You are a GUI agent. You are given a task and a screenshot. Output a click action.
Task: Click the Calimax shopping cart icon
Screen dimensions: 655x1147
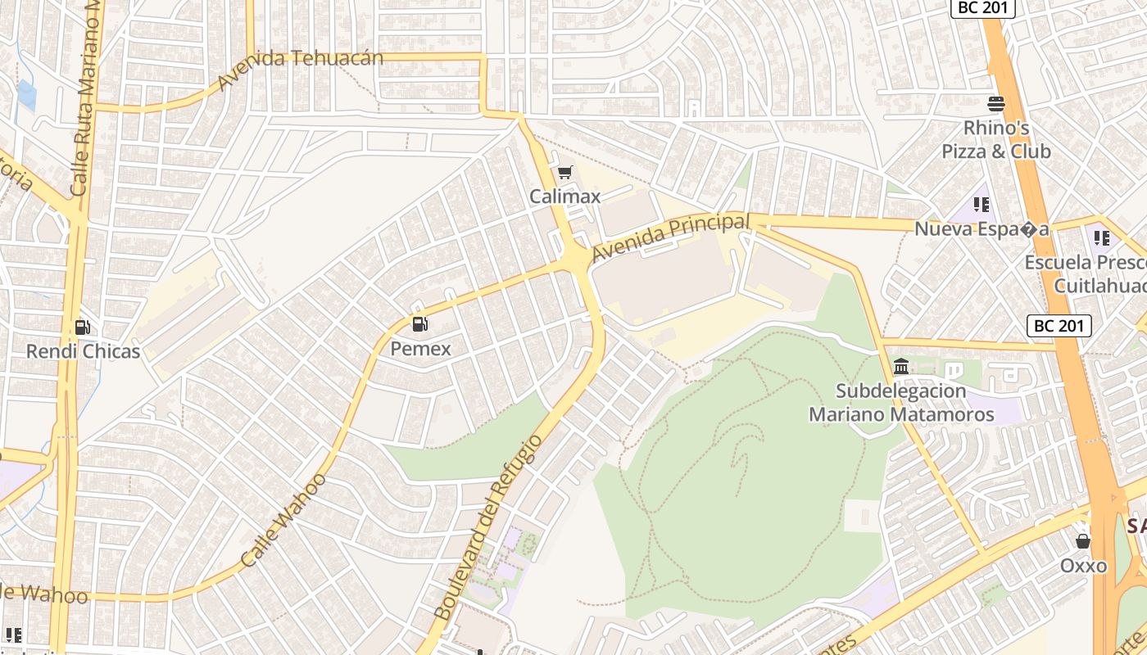564,173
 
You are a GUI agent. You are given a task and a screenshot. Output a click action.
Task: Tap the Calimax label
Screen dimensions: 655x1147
564,196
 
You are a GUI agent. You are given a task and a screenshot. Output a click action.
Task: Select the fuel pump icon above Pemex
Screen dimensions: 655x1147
420,324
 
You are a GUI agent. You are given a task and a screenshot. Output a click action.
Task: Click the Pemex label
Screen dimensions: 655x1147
420,349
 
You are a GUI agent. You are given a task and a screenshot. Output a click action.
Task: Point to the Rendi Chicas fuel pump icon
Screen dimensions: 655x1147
83,327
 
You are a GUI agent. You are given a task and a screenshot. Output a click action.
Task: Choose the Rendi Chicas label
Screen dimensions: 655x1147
83,352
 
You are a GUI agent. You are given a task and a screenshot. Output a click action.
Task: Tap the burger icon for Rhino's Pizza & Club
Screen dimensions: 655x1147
996,104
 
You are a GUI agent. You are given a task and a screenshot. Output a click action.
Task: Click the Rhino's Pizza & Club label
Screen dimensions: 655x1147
996,140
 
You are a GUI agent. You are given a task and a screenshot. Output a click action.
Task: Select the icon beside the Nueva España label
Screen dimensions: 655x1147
982,204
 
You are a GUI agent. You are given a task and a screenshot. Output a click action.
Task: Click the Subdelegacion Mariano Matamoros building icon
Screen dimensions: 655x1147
901,366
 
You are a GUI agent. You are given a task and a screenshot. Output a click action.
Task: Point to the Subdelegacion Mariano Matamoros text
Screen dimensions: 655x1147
901,403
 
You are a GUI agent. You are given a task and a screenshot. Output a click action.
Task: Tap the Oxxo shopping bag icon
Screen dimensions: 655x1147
1083,541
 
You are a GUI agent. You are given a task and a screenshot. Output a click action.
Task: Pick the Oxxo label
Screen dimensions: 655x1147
1083,566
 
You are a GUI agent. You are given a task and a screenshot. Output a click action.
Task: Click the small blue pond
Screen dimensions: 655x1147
26,95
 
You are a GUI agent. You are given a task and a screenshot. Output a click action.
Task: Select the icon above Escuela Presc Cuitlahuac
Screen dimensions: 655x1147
1102,238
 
